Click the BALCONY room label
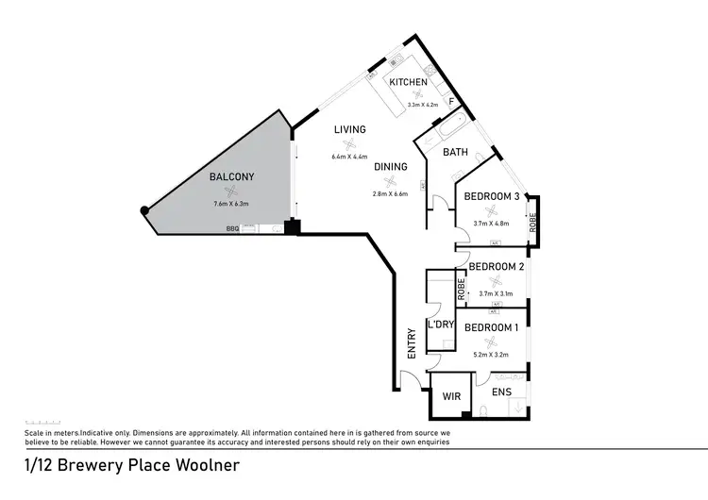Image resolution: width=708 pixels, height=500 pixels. [231, 176]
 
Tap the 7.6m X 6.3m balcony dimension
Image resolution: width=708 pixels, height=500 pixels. [231, 203]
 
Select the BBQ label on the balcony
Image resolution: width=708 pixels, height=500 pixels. [231, 228]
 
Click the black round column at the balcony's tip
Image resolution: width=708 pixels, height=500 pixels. [143, 210]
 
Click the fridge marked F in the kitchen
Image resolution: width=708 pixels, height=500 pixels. [451, 100]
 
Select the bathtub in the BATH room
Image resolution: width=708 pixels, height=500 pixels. [449, 126]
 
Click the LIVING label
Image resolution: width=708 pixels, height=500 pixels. [349, 129]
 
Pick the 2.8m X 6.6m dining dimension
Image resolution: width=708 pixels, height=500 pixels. [390, 194]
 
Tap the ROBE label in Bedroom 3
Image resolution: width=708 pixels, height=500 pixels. [532, 223]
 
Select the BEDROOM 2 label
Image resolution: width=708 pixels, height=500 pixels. [496, 267]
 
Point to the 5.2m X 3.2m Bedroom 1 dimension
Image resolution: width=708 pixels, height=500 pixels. [490, 355]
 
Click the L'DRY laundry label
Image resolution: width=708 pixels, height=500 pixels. [441, 325]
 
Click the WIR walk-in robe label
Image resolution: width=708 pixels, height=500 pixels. [451, 398]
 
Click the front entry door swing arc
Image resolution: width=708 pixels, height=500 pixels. [408, 380]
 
